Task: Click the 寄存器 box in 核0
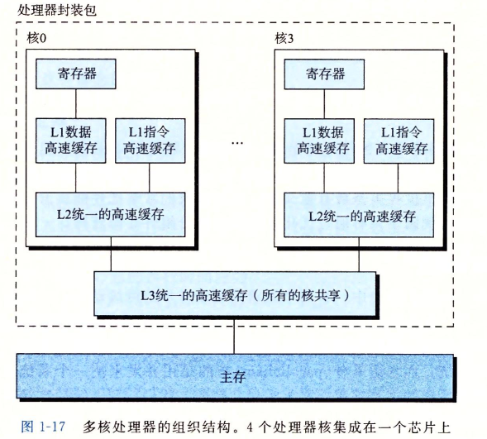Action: (x=76, y=74)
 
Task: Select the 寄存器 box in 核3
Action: (x=324, y=74)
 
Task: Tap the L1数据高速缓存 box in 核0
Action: (x=71, y=141)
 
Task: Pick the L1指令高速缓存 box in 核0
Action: (x=150, y=141)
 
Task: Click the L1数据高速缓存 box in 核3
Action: (x=319, y=141)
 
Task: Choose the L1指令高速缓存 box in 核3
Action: (x=399, y=141)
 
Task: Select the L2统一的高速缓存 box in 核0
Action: (x=111, y=214)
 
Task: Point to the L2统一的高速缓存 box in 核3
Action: (x=359, y=215)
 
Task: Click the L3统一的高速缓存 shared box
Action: (x=235, y=294)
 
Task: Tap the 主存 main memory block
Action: (x=235, y=376)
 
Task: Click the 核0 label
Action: (x=36, y=39)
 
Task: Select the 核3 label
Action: (x=284, y=39)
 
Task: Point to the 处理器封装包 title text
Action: (x=56, y=10)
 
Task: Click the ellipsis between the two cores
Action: (x=237, y=143)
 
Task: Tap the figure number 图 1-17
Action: (x=43, y=427)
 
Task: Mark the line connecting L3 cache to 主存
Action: (x=234, y=336)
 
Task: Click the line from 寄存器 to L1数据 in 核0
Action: (x=76, y=103)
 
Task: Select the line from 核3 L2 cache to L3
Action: (x=359, y=255)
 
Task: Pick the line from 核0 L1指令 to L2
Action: (x=150, y=178)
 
